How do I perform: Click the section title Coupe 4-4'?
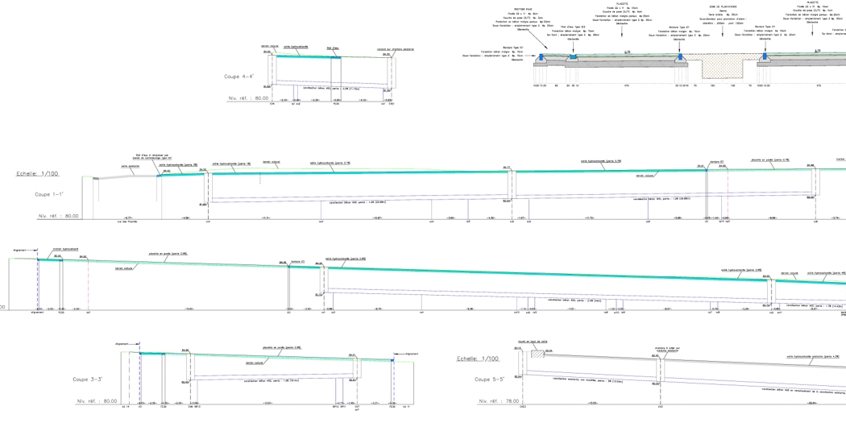[x=238, y=77]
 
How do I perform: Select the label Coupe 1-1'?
[x=49, y=194]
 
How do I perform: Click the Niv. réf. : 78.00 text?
[x=498, y=400]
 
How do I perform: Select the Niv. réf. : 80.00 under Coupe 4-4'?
[x=247, y=97]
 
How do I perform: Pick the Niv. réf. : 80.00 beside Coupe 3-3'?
[x=97, y=400]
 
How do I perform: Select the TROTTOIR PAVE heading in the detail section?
[x=525, y=9]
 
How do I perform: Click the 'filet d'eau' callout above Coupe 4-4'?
[x=333, y=48]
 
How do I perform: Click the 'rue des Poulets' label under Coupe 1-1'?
[x=124, y=221]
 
